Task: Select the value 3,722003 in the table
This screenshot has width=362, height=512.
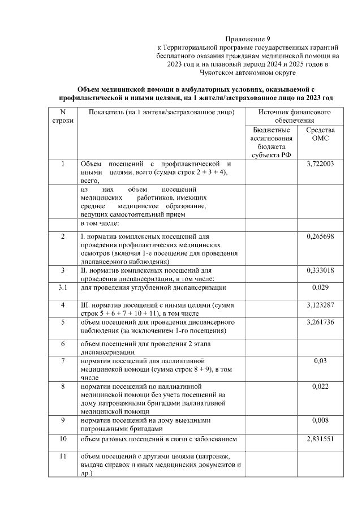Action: tap(321, 164)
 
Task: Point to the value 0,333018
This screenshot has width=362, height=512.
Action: tap(321, 271)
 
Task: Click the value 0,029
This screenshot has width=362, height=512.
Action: tap(321, 288)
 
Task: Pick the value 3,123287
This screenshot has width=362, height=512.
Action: tap(321, 306)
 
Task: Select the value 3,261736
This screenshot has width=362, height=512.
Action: tap(321, 322)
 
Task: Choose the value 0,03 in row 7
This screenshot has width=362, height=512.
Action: tap(321, 360)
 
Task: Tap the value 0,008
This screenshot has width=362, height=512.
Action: tap(321, 421)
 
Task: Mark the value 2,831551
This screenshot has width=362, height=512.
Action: tap(321, 439)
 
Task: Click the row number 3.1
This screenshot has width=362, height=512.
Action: tap(63, 288)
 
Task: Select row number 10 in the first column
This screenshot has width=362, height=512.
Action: tap(63, 439)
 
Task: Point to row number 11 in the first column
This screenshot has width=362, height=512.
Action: tap(63, 457)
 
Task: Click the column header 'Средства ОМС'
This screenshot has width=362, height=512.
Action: tap(321, 134)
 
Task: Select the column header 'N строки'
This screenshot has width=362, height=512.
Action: tap(63, 117)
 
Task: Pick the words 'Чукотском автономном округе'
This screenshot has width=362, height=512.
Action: tap(248, 73)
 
